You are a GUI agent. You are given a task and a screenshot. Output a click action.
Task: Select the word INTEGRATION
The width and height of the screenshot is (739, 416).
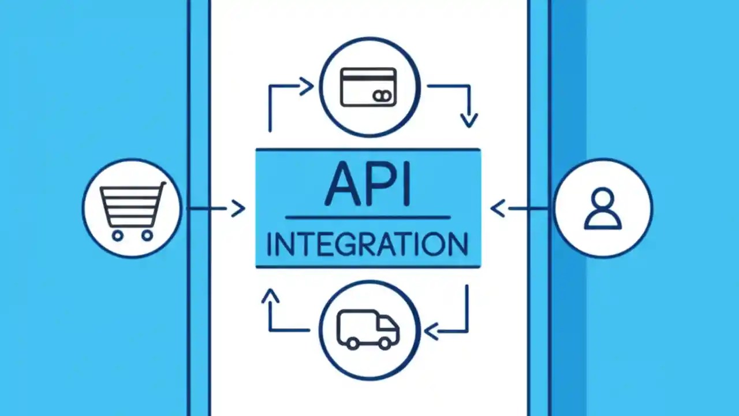(368, 244)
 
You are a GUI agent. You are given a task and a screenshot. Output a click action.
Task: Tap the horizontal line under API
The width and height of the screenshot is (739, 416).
(368, 218)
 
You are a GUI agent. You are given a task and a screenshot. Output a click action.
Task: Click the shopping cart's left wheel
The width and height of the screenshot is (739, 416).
(117, 235)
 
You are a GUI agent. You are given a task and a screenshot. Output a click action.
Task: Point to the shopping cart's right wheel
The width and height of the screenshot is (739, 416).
(147, 235)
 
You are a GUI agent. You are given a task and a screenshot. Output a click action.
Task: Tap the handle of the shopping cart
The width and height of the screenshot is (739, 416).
(162, 185)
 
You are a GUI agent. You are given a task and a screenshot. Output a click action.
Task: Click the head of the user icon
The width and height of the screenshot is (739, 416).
(603, 198)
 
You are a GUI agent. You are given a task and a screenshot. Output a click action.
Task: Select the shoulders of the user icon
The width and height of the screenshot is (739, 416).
(603, 221)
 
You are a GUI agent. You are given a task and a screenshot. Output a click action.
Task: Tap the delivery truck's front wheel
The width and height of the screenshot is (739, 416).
(385, 343)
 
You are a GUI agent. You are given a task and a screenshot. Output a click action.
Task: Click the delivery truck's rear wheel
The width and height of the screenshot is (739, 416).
(351, 343)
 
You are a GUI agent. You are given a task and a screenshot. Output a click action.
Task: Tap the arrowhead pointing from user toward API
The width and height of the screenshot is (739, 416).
(497, 208)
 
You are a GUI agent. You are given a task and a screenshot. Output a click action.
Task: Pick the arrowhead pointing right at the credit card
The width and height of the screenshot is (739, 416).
(307, 87)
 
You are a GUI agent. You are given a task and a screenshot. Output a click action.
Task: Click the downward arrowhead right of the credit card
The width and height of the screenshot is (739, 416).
(469, 120)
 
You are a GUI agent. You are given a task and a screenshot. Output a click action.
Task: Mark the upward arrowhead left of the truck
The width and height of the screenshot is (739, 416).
(270, 296)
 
